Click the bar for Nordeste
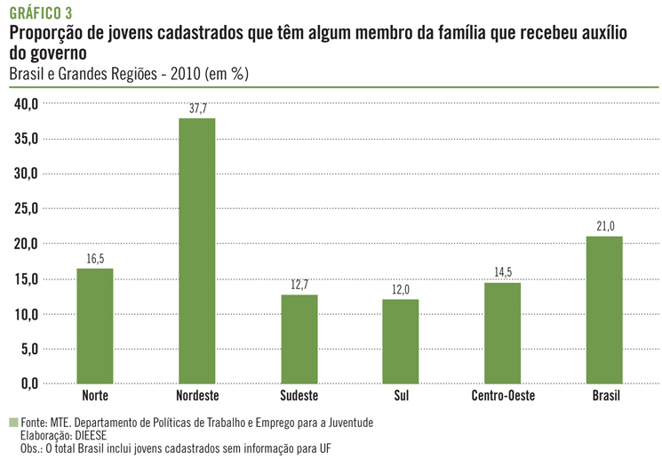(196, 250)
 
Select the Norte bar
(95, 326)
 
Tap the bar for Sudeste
(299, 339)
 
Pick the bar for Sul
(401, 341)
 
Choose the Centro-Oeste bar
(503, 333)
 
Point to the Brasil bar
(605, 310)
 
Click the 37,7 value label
(197, 109)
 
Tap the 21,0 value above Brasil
(605, 227)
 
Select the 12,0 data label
(401, 290)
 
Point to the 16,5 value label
(95, 258)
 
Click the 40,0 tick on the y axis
(26, 104)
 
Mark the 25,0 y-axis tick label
(26, 209)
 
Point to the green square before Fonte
(13, 423)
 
